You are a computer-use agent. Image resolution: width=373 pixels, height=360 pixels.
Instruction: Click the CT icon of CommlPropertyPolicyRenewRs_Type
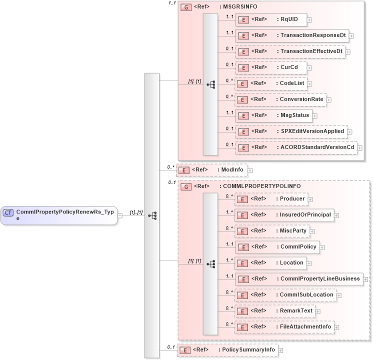tap(8, 212)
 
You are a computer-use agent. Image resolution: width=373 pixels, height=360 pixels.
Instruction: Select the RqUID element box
tap(270, 19)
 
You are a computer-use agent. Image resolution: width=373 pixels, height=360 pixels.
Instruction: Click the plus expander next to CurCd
tap(310, 67)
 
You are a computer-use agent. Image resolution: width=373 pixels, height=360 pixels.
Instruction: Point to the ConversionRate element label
tap(301, 99)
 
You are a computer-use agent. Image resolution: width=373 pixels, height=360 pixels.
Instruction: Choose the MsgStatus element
tap(273, 115)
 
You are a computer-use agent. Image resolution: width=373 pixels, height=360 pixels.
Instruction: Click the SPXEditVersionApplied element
tap(291, 131)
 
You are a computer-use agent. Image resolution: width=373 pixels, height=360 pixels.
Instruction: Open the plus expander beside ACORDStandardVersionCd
tap(359, 148)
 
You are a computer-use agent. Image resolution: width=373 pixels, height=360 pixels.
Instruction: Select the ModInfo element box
tap(212, 170)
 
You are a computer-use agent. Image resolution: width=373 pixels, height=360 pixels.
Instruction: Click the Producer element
tap(270, 199)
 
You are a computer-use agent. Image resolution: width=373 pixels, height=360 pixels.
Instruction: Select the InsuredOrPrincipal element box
tap(284, 215)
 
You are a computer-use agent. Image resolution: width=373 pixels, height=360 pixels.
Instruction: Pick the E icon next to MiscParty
tap(242, 231)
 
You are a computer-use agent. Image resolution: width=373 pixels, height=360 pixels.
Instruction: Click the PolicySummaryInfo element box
tap(227, 350)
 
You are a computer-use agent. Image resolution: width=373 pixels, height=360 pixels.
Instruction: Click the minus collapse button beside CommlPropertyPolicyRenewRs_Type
tap(119, 215)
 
